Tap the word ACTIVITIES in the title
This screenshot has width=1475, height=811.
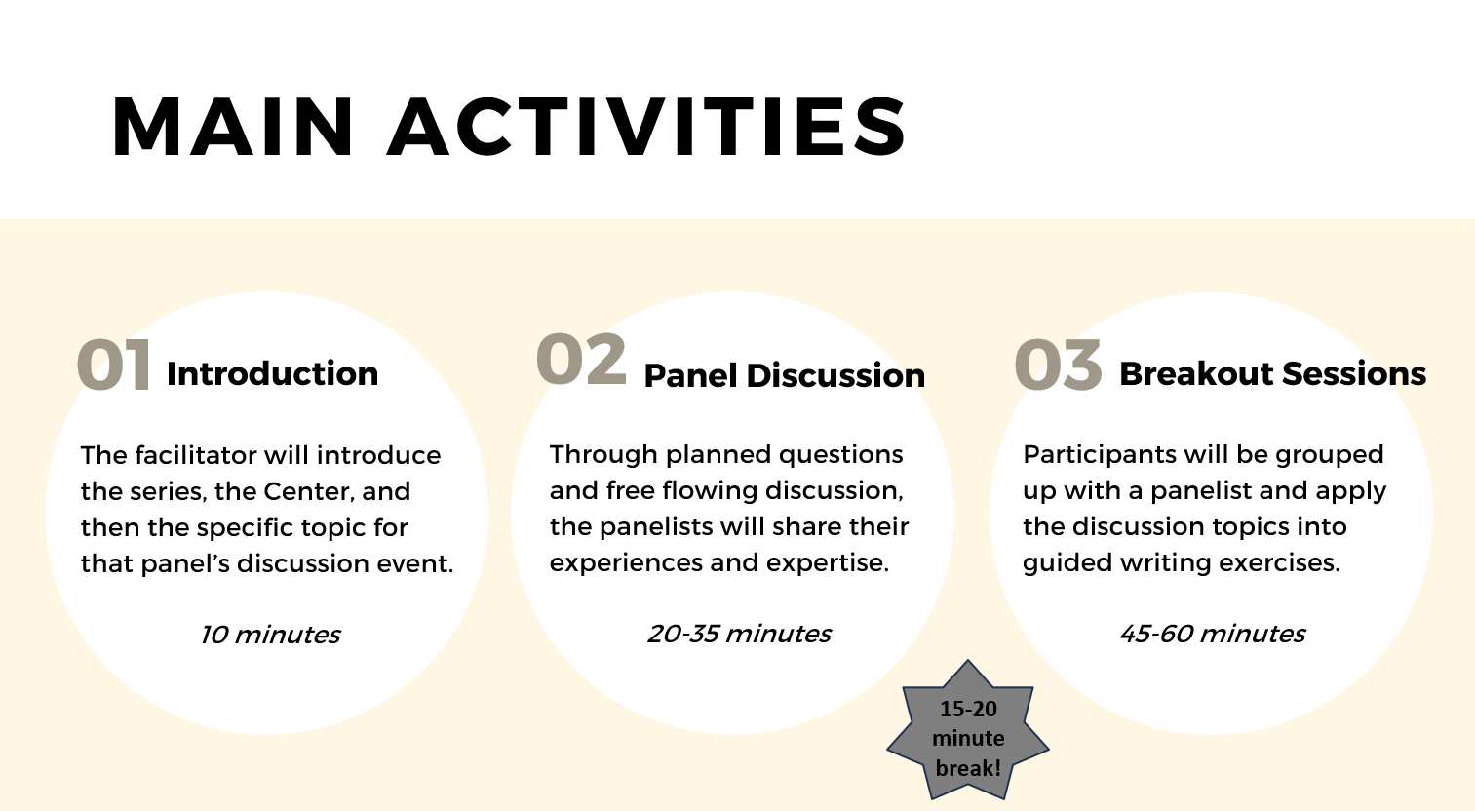646,127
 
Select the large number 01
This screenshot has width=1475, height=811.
114,366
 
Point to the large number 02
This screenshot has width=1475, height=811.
581,360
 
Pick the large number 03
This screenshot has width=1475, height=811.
1058,365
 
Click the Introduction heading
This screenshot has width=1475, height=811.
273,374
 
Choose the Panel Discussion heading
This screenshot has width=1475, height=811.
784,376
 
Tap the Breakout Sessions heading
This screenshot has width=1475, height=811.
1273,374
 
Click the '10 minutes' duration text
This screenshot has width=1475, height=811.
271,635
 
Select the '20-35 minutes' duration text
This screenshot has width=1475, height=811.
740,634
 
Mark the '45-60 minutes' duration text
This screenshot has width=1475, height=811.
1212,634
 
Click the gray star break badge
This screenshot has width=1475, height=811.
968,735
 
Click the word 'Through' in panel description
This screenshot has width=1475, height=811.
603,455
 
